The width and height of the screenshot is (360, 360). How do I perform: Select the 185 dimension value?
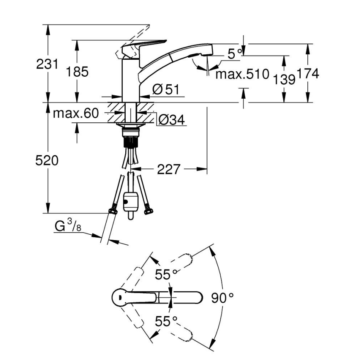[x=77, y=72]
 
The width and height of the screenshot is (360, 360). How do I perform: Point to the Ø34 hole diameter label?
[x=171, y=120]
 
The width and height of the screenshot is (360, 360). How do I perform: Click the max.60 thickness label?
[x=75, y=113]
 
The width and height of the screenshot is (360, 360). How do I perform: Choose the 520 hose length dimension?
[x=46, y=161]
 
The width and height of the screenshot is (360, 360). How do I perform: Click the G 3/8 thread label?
[x=66, y=227]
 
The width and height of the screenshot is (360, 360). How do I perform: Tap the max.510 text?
[x=242, y=75]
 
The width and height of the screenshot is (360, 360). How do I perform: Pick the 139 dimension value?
[x=284, y=78]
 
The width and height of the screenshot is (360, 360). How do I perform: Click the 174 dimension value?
[x=307, y=74]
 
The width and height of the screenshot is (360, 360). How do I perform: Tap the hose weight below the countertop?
[x=131, y=202]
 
